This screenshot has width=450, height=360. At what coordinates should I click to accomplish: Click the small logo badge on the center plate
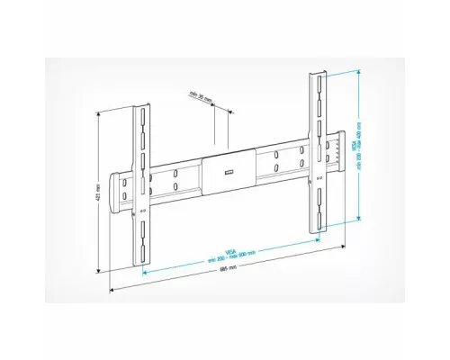[226, 166]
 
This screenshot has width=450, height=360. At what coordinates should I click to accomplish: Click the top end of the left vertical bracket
[140, 109]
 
